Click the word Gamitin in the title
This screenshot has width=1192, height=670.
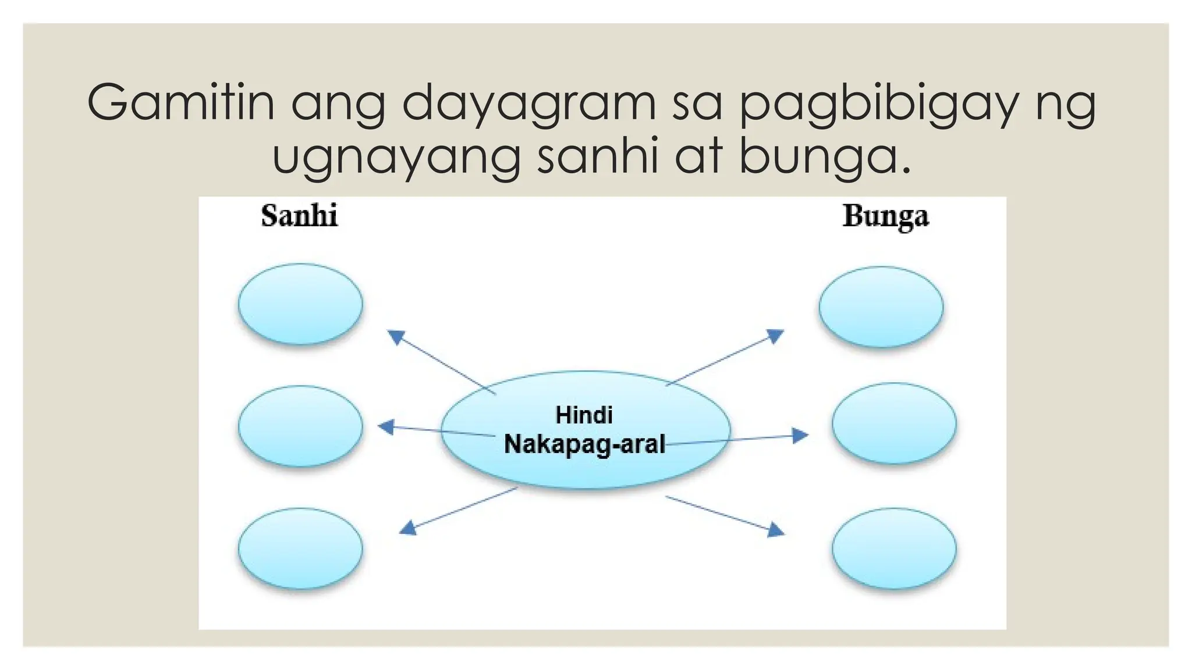(180, 103)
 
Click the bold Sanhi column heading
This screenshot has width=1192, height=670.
(299, 216)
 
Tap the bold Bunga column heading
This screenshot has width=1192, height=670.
(885, 217)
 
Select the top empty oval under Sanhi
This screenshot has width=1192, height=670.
(300, 304)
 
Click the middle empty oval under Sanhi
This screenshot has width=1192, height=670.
(300, 426)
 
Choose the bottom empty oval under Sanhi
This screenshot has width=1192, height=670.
(300, 548)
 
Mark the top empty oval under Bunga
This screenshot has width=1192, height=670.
(881, 307)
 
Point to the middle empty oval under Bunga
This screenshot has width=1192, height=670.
(894, 423)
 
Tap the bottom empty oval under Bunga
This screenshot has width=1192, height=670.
(894, 548)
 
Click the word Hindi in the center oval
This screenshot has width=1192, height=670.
(584, 415)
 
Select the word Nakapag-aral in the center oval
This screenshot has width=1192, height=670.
(584, 444)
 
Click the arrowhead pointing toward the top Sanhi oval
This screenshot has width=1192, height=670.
(396, 337)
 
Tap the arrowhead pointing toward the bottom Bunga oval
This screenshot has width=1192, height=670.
(776, 530)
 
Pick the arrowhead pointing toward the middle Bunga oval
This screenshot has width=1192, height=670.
(801, 435)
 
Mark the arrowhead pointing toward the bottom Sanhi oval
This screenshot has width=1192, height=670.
(408, 528)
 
